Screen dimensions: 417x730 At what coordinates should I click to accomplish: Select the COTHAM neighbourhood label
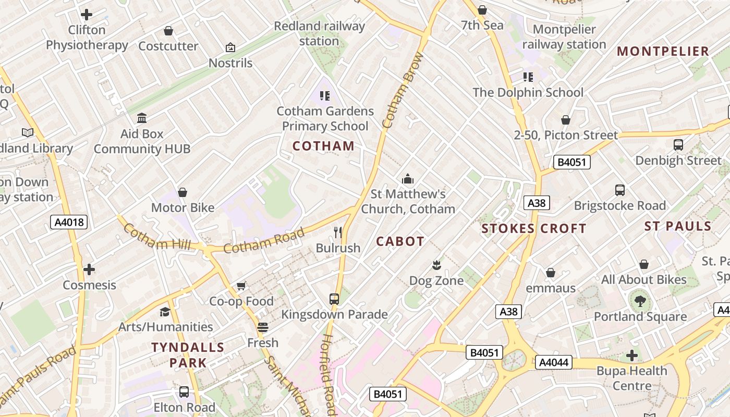[x=323, y=146]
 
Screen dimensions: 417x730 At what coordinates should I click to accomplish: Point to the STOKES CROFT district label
[x=533, y=228]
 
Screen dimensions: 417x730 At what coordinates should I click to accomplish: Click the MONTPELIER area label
[x=663, y=51]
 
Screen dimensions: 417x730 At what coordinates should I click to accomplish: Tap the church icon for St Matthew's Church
[x=408, y=179]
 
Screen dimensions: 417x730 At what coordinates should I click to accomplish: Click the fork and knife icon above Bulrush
[x=338, y=232]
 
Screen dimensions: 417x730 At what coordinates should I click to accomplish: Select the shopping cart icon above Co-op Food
[x=241, y=286]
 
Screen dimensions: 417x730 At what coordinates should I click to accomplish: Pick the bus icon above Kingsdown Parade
[x=334, y=299]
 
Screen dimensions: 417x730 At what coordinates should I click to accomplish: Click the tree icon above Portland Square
[x=640, y=301]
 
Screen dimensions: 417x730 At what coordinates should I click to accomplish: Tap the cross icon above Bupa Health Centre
[x=632, y=355]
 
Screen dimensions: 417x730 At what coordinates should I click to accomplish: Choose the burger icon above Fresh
[x=263, y=327]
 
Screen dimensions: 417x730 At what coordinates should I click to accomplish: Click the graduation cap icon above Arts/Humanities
[x=165, y=312]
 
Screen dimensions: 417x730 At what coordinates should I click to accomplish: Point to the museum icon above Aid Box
[x=142, y=118]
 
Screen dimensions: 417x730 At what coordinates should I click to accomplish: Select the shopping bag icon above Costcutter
[x=168, y=31]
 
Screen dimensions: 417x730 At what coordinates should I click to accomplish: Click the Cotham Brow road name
[x=403, y=90]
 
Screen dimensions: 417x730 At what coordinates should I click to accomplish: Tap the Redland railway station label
[x=319, y=33]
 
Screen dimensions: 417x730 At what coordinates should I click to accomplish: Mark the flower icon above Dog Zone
[x=436, y=265]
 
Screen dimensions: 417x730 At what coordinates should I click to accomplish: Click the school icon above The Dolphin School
[x=528, y=77]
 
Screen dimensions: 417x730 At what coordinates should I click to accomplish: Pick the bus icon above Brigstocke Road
[x=619, y=190]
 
